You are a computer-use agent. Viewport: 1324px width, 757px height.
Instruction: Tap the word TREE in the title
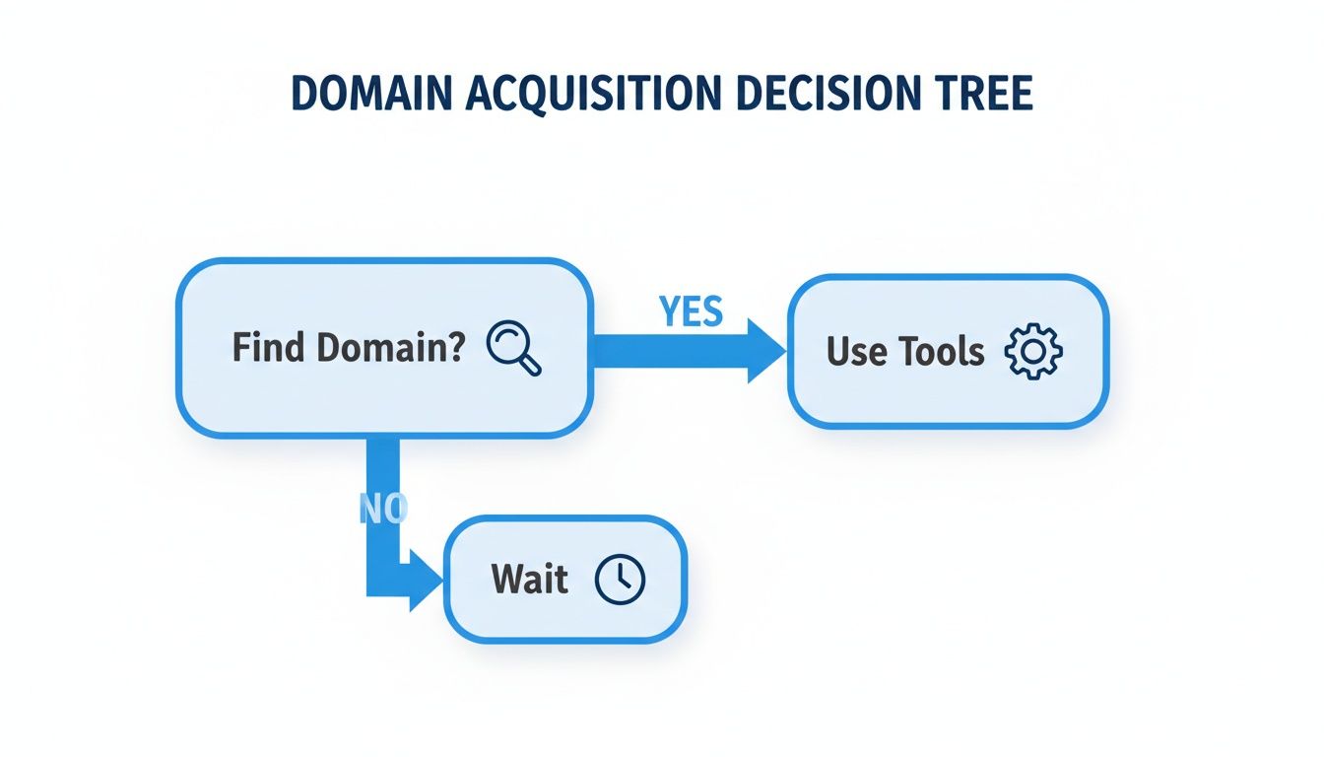[987, 93]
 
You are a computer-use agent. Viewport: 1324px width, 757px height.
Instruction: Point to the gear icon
[1032, 351]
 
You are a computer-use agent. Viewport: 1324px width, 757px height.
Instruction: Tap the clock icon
[620, 579]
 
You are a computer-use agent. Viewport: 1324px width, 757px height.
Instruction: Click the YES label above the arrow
[691, 312]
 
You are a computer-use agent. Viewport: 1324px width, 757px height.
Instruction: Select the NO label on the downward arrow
[383, 506]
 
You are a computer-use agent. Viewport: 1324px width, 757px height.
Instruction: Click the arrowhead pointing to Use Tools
[764, 351]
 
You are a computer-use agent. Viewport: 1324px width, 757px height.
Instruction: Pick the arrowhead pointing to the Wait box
[426, 580]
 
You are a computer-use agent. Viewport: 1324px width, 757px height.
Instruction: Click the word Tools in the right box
[941, 352]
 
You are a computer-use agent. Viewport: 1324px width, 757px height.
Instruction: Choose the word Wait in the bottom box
[529, 580]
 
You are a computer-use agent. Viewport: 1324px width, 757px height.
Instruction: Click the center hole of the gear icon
[1032, 351]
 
